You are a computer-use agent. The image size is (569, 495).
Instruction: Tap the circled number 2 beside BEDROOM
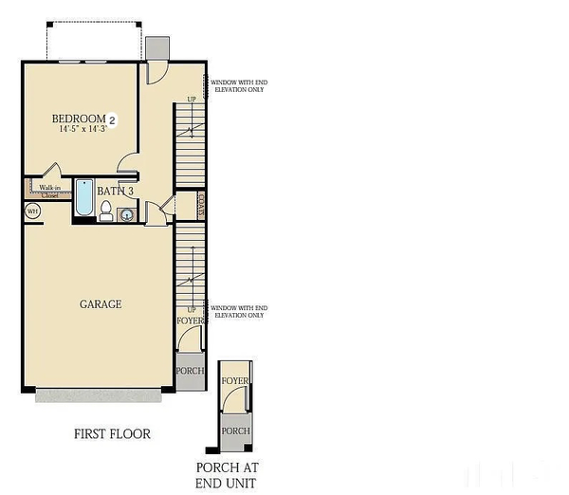(x=112, y=119)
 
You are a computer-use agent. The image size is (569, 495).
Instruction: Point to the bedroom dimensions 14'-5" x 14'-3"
(x=83, y=129)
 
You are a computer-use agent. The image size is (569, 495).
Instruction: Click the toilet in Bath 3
(x=106, y=210)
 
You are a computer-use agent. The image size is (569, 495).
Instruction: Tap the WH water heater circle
(x=32, y=211)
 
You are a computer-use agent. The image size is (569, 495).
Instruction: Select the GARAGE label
(x=100, y=304)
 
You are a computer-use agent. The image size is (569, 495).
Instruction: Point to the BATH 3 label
(x=115, y=191)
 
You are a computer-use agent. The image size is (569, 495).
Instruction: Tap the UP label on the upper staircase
(x=191, y=100)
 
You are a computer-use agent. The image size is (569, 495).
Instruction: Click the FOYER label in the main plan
(x=191, y=321)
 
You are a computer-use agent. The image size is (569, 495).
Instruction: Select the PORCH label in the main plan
(x=190, y=370)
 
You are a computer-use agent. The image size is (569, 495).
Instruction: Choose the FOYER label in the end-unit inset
(x=235, y=381)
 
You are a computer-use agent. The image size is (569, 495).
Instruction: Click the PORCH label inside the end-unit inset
(x=235, y=431)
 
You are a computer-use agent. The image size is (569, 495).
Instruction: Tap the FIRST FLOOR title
(x=112, y=434)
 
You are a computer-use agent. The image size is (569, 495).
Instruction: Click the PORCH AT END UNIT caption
(x=227, y=474)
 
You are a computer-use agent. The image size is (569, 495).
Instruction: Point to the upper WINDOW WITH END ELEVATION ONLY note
(x=238, y=86)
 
